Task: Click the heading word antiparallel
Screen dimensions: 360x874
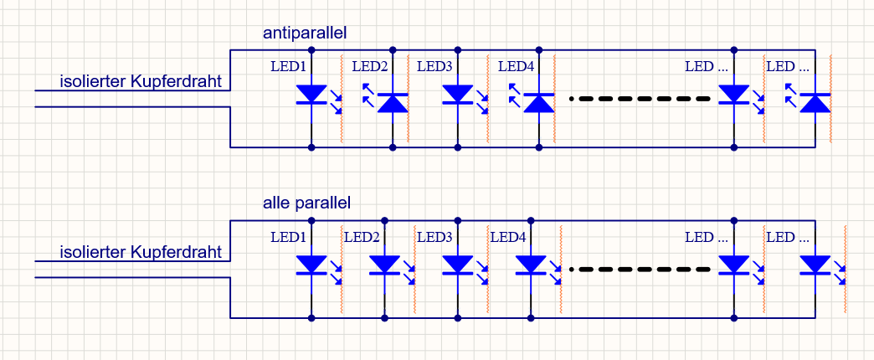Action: [x=305, y=33]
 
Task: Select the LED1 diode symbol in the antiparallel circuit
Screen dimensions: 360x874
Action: [x=312, y=95]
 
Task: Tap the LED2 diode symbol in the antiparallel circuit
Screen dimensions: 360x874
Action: [x=393, y=102]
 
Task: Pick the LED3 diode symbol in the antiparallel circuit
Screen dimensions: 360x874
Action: [x=458, y=95]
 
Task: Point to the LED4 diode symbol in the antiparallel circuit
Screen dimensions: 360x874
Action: [x=539, y=102]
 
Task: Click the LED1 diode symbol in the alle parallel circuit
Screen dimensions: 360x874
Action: [x=312, y=265]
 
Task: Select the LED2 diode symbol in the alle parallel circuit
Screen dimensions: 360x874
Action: [x=385, y=265]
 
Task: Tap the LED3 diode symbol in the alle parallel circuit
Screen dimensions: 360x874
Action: [x=458, y=265]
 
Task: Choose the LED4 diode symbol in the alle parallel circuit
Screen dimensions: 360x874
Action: [x=531, y=265]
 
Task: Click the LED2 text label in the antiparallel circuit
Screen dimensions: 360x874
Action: [x=369, y=66]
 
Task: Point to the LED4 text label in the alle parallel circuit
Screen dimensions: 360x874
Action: [x=507, y=237]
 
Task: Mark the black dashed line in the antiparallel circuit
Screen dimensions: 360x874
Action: [x=641, y=99]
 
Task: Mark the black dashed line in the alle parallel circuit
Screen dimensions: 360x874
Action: [x=641, y=270]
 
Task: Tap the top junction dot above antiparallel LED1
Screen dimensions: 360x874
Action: [x=312, y=50]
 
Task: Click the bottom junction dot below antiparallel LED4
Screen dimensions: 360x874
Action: [x=539, y=147]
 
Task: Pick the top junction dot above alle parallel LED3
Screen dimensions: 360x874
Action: [x=458, y=221]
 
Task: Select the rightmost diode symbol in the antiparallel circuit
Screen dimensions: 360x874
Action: [x=815, y=102]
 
